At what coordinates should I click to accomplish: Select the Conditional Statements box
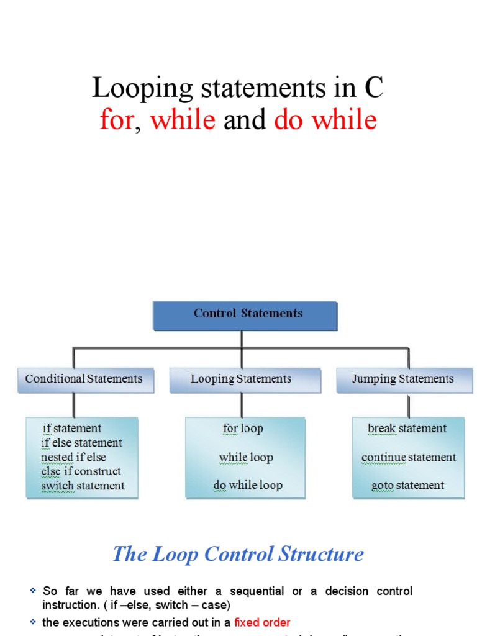(x=84, y=379)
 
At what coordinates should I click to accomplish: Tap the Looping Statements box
(x=241, y=379)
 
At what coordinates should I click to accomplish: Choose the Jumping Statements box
(x=402, y=379)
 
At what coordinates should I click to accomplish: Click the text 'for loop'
(x=243, y=429)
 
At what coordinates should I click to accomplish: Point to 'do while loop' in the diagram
(x=248, y=486)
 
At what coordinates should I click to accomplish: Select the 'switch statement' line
(x=83, y=486)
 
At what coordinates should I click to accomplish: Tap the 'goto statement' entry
(x=408, y=486)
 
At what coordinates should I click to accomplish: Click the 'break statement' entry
(x=407, y=429)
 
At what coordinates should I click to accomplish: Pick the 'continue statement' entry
(x=408, y=458)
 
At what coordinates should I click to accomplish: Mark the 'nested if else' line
(x=74, y=458)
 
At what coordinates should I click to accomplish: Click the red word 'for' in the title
(x=116, y=119)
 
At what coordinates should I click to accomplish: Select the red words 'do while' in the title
(x=325, y=119)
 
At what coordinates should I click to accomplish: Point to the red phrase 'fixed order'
(x=262, y=622)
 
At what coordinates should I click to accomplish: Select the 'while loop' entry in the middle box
(x=246, y=458)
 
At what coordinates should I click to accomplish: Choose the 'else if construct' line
(x=81, y=471)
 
